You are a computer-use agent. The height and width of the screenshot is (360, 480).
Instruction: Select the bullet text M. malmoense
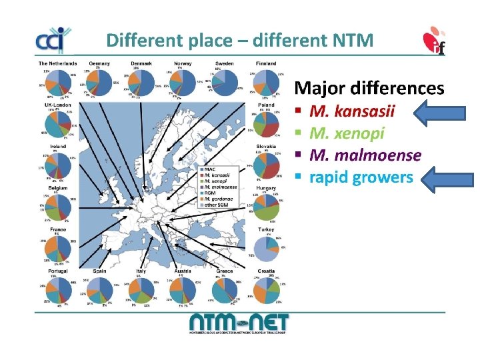(365, 155)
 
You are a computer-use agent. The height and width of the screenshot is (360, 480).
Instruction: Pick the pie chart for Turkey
(266, 247)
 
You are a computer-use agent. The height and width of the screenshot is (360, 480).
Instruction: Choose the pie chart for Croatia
(266, 292)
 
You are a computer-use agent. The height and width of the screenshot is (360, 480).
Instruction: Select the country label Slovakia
(266, 147)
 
